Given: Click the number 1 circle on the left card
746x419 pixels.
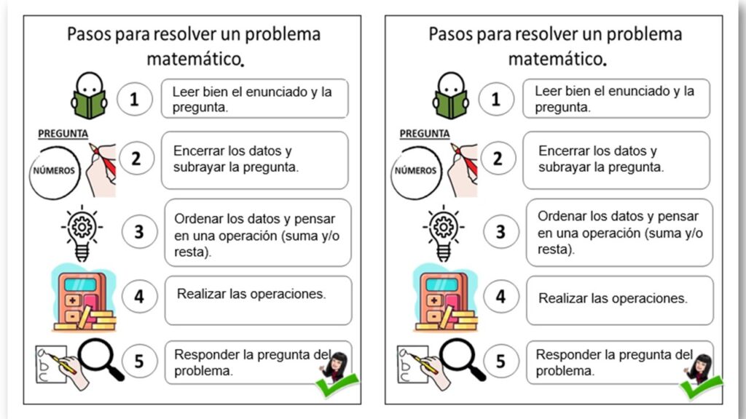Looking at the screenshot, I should (134, 99).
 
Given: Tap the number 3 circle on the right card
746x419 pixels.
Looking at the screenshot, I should (500, 231).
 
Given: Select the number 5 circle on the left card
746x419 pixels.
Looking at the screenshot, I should (139, 362).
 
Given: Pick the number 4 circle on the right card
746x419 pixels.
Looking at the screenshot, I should (500, 297).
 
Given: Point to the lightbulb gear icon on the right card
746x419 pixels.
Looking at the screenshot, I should (442, 231).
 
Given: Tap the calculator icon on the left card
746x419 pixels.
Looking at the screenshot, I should (82, 300).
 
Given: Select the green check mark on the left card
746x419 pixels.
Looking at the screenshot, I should (337, 383).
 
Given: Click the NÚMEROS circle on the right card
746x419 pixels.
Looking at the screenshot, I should (416, 172).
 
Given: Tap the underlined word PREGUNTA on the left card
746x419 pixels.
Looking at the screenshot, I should (63, 133).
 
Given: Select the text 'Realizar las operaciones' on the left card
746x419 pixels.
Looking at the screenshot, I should (251, 294).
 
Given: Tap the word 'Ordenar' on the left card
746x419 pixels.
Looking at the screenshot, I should (198, 218).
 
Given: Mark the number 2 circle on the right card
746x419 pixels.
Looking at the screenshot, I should (498, 159).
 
